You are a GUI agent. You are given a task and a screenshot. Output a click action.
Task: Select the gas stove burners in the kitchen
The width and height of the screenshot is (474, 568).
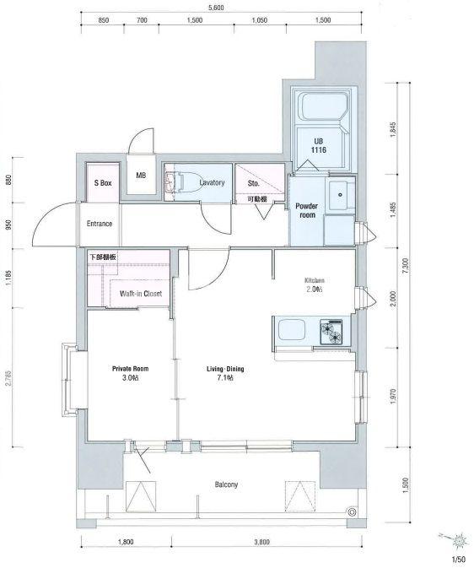pyautogui.click(x=331, y=331)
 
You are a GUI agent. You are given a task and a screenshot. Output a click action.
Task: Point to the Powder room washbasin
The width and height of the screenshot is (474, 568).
pyautogui.click(x=340, y=195)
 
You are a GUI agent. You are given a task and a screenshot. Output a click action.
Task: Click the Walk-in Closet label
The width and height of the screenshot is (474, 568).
pyautogui.click(x=141, y=294)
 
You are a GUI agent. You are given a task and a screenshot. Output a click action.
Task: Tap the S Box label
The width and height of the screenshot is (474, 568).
pyautogui.click(x=103, y=183)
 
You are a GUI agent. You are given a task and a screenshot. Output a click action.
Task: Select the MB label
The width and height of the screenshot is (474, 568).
pyautogui.click(x=141, y=176)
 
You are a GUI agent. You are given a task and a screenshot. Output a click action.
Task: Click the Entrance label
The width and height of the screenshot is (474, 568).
pyautogui.click(x=100, y=224)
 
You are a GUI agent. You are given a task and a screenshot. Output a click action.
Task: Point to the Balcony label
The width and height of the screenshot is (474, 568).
pyautogui.click(x=226, y=484)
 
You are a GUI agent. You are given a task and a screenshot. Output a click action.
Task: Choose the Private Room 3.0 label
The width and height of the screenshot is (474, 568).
pyautogui.click(x=130, y=373)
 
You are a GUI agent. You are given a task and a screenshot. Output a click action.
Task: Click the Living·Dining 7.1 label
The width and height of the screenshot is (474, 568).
pyautogui.click(x=225, y=374)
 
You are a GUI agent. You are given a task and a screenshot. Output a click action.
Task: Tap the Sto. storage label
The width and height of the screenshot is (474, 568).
pyautogui.click(x=254, y=183)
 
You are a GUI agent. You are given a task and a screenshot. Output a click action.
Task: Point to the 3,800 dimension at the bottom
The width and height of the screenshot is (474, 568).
pyautogui.click(x=261, y=542)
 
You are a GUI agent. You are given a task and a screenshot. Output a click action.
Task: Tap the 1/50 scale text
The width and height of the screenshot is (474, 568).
pyautogui.click(x=458, y=560)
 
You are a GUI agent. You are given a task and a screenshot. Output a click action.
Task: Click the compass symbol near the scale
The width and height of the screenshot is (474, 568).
pyautogui.click(x=459, y=541)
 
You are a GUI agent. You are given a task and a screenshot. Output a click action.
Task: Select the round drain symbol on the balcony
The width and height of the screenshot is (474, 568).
pyautogui.click(x=351, y=511)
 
